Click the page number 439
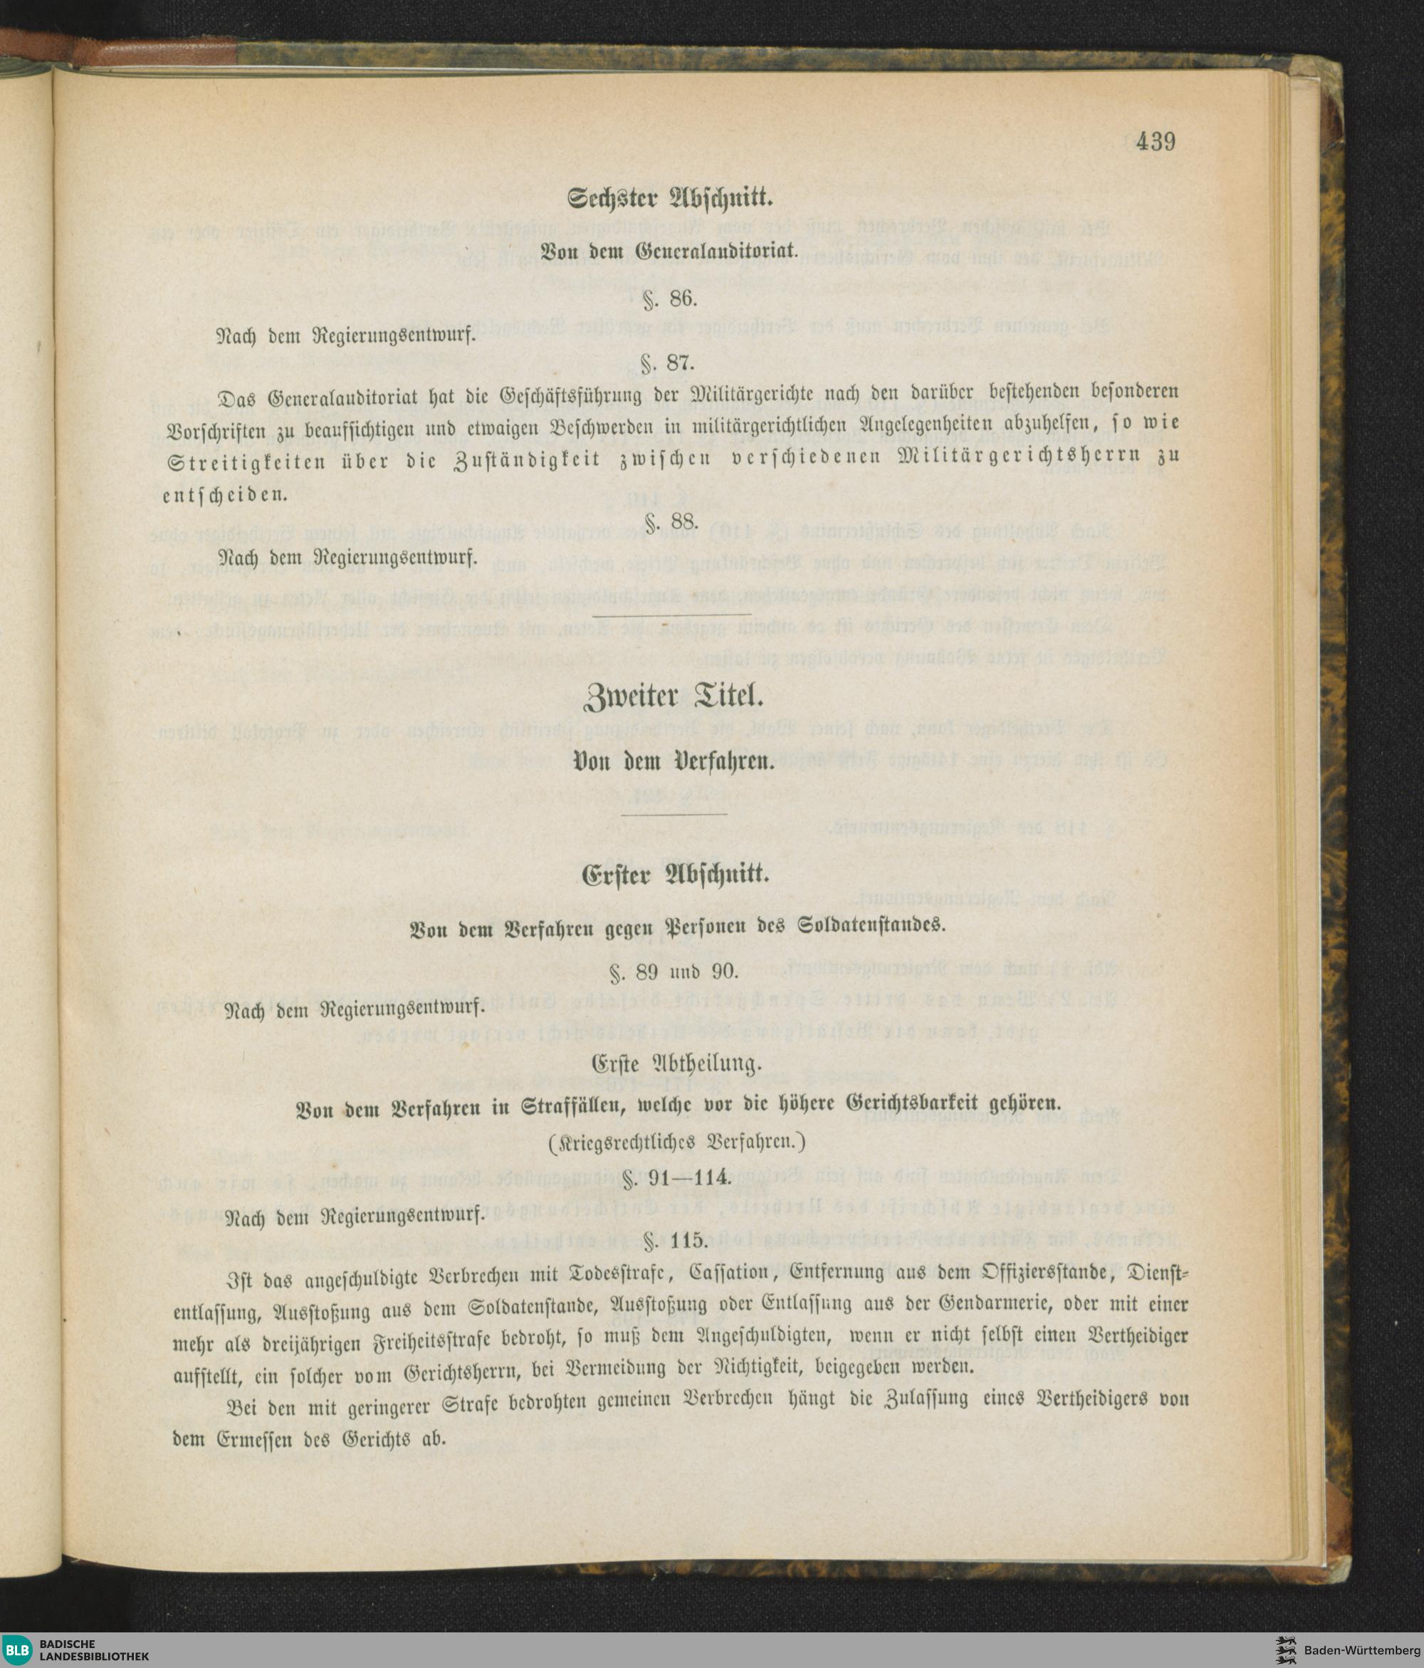pos(1157,142)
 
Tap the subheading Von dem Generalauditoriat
pos(672,249)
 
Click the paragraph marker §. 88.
pos(671,524)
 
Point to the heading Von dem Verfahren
pos(672,761)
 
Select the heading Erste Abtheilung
pos(674,1064)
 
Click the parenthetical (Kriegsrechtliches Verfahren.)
pos(674,1142)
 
